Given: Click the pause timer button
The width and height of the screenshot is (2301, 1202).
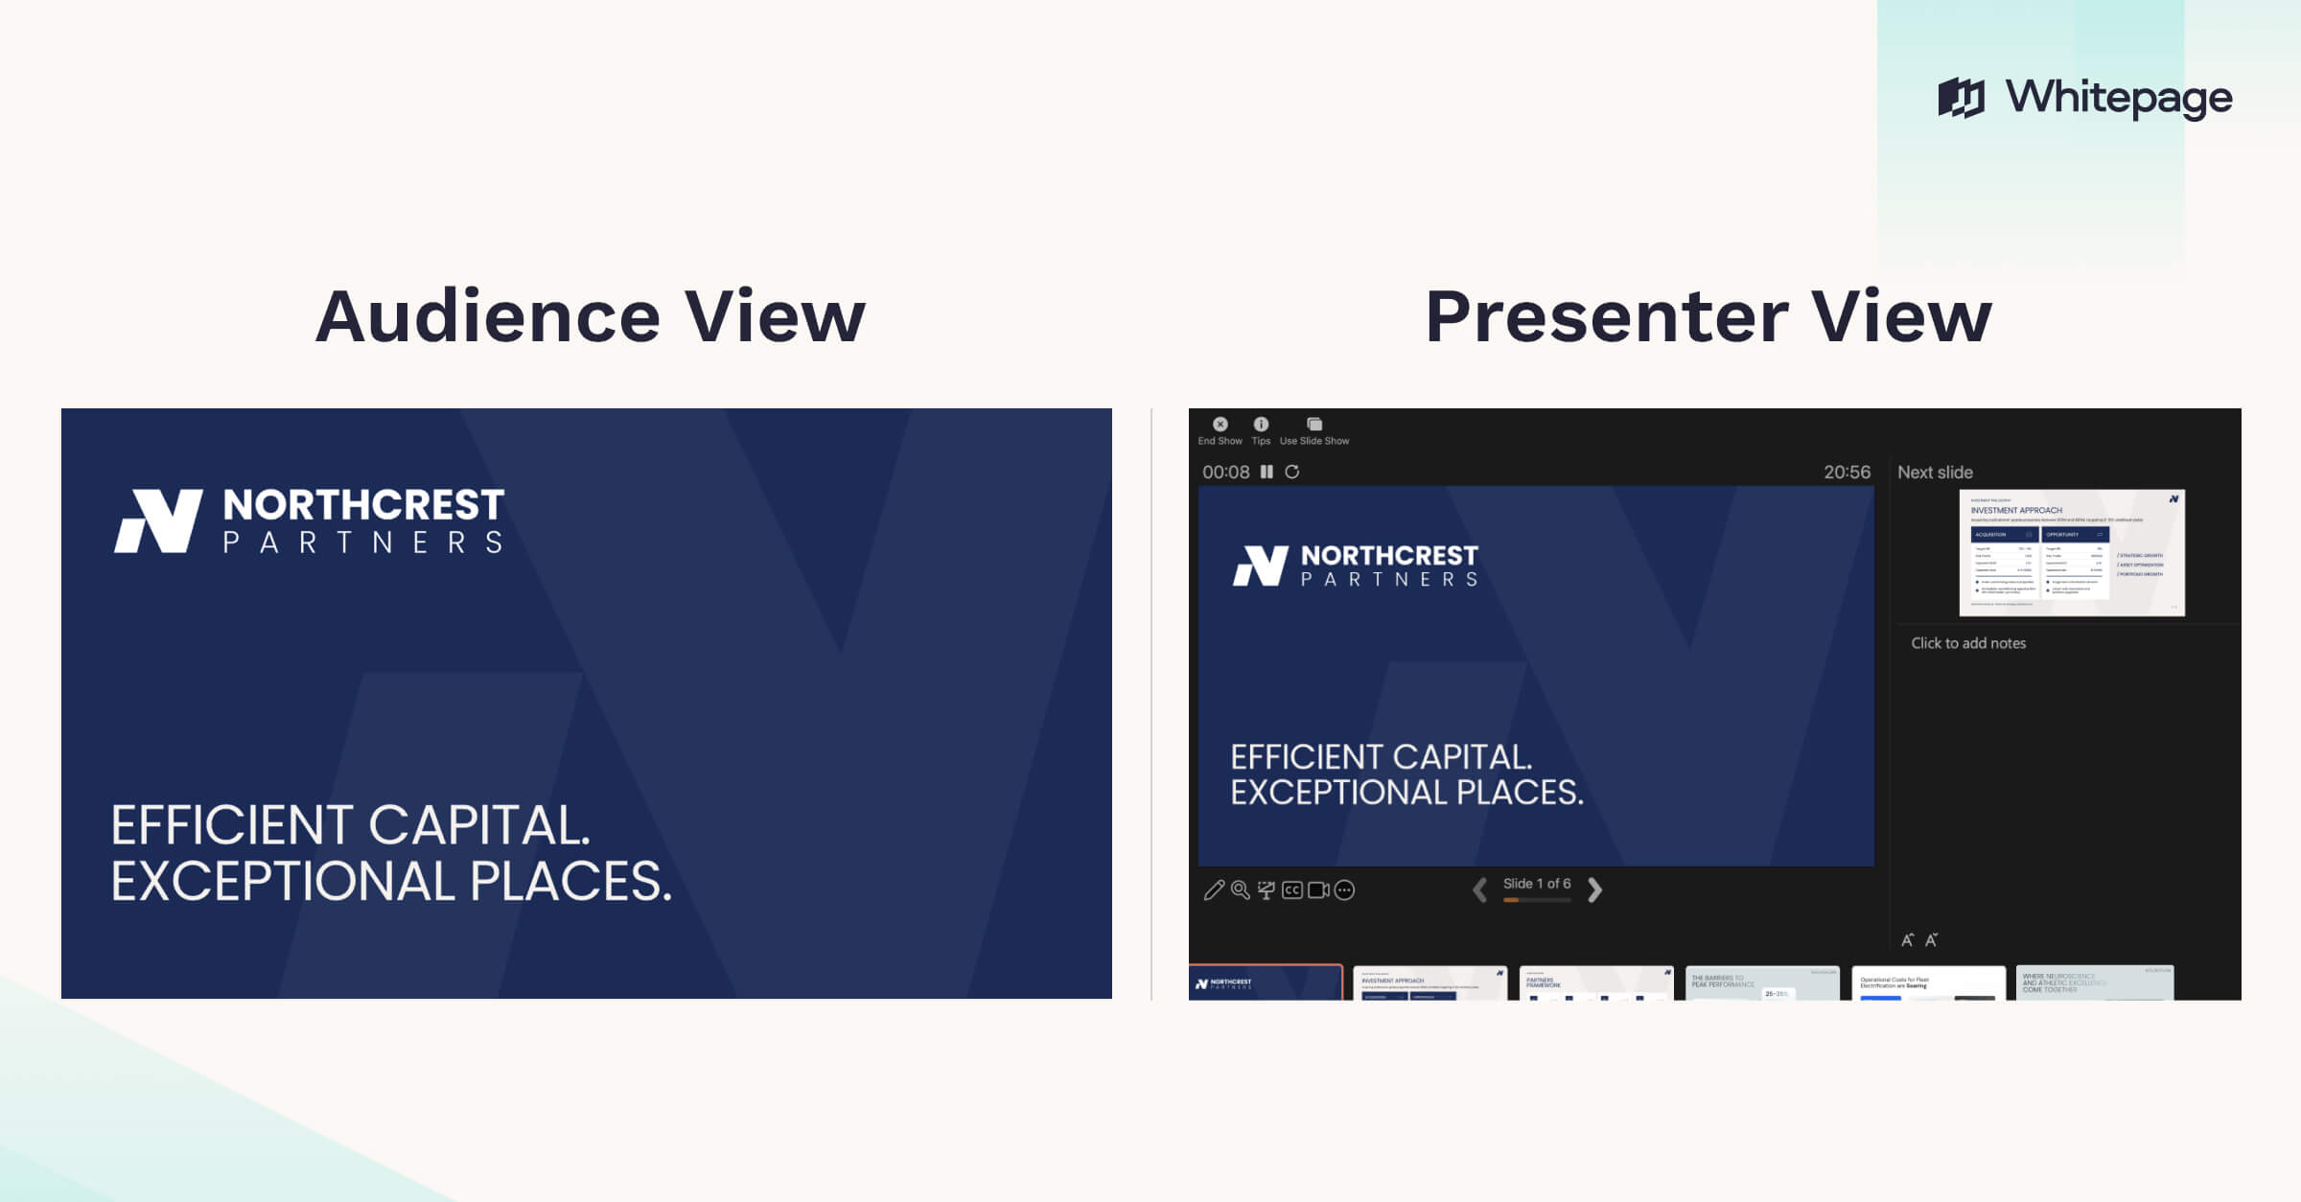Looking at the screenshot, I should click(x=1267, y=472).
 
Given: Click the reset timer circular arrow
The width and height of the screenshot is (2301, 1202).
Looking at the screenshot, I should click(x=1292, y=472).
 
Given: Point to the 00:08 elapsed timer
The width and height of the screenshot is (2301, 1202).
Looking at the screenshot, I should click(x=1225, y=472).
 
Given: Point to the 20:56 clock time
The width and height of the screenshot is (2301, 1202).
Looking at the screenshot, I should click(x=1847, y=472).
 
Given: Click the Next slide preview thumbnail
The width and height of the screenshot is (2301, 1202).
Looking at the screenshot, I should click(x=2072, y=553).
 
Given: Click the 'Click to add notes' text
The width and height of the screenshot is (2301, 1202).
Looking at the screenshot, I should click(x=1968, y=643).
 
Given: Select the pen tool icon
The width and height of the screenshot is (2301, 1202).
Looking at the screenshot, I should click(x=1214, y=890).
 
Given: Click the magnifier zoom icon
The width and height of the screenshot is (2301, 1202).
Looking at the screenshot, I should click(x=1240, y=890).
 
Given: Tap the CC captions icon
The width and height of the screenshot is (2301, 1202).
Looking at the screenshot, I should click(x=1292, y=890).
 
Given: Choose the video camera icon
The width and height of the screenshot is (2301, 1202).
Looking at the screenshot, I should click(x=1318, y=890).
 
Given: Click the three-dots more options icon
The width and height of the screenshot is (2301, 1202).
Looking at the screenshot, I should click(x=1345, y=890).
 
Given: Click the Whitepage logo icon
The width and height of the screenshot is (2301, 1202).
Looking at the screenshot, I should click(x=1962, y=98).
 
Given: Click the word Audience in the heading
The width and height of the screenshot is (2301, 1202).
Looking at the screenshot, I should click(x=487, y=316).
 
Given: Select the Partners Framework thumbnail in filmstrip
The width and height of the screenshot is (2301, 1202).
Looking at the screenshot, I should click(x=1596, y=983).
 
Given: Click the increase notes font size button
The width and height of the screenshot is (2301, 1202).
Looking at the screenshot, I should click(x=1908, y=940).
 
